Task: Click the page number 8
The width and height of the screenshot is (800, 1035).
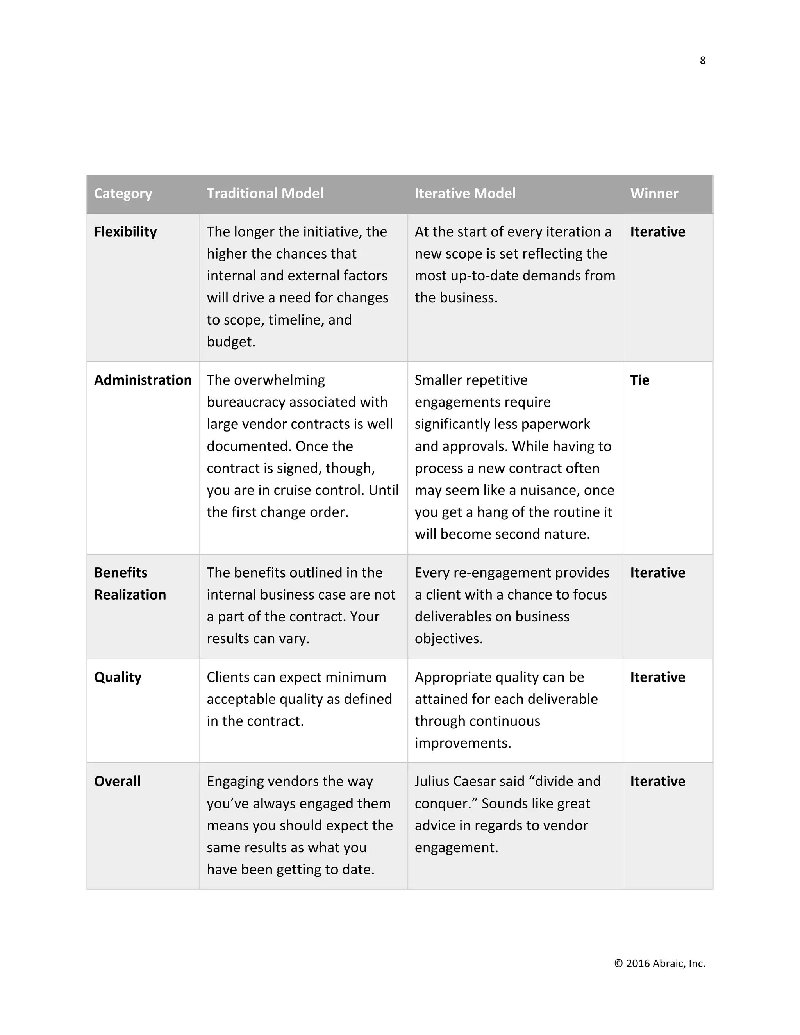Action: click(x=702, y=61)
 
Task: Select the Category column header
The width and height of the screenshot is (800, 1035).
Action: click(x=123, y=193)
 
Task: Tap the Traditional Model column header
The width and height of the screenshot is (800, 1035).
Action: click(x=265, y=193)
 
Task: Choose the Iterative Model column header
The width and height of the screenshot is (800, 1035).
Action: click(x=465, y=193)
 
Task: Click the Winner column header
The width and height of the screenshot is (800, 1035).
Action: click(x=654, y=193)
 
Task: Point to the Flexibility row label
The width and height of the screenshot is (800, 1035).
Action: click(x=125, y=232)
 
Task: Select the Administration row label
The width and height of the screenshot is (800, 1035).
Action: click(x=143, y=380)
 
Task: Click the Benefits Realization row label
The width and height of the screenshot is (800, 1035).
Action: click(x=130, y=584)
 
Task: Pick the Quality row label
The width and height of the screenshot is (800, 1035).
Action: click(x=118, y=677)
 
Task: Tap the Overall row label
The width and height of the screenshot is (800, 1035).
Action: click(x=117, y=782)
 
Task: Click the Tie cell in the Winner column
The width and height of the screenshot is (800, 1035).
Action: click(x=639, y=380)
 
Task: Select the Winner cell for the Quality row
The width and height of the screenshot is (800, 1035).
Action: click(x=657, y=677)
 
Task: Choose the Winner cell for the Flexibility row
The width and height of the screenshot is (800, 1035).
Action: click(x=657, y=232)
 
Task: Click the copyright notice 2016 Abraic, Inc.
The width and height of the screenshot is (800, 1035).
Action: click(x=659, y=964)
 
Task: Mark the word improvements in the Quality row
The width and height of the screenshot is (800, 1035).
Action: click(x=462, y=743)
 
